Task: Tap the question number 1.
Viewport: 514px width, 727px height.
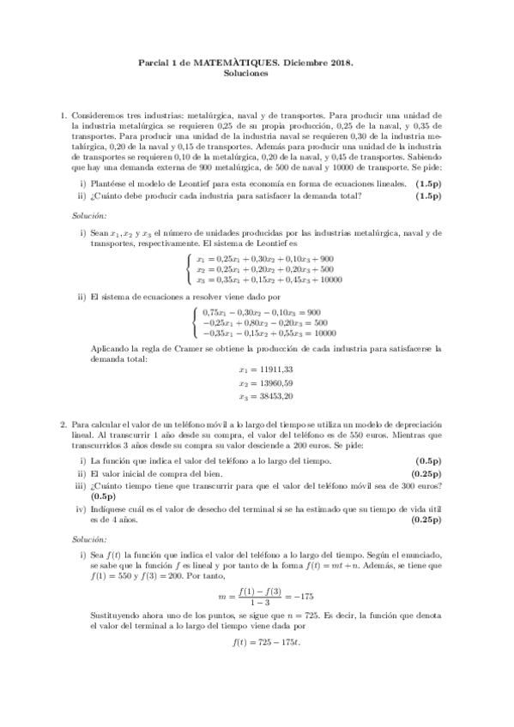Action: [x=62, y=114]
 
